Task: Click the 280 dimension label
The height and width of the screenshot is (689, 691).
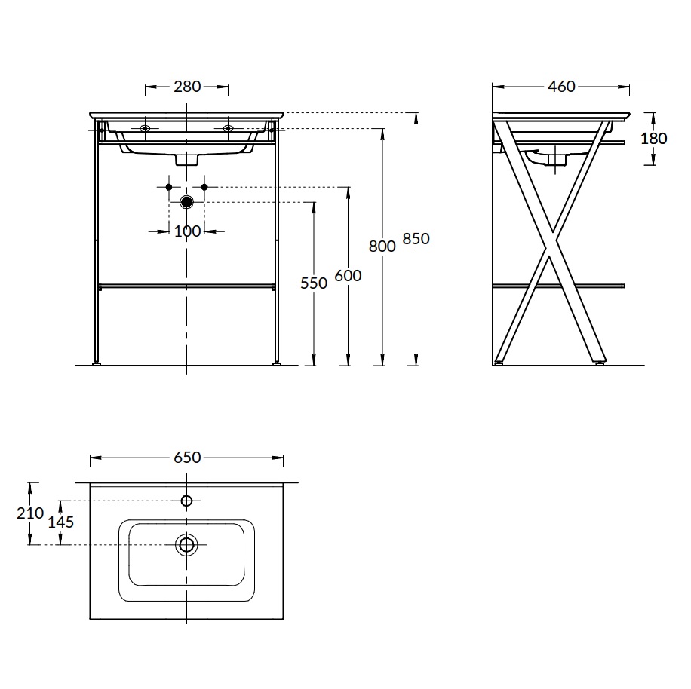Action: [x=187, y=87]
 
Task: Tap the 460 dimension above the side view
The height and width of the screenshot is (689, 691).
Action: [x=561, y=87]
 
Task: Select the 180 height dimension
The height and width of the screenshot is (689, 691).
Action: [x=653, y=139]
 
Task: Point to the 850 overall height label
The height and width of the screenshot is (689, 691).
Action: [x=416, y=239]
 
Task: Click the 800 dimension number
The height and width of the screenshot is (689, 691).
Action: [x=382, y=246]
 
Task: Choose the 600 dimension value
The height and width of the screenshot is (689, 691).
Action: [x=349, y=276]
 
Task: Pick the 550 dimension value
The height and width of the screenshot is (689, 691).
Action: [x=314, y=283]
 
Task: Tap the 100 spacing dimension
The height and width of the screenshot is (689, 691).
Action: [x=187, y=231]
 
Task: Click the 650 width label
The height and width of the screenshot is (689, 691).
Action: [x=187, y=458]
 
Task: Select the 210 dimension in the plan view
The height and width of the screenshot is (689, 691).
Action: [x=30, y=513]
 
